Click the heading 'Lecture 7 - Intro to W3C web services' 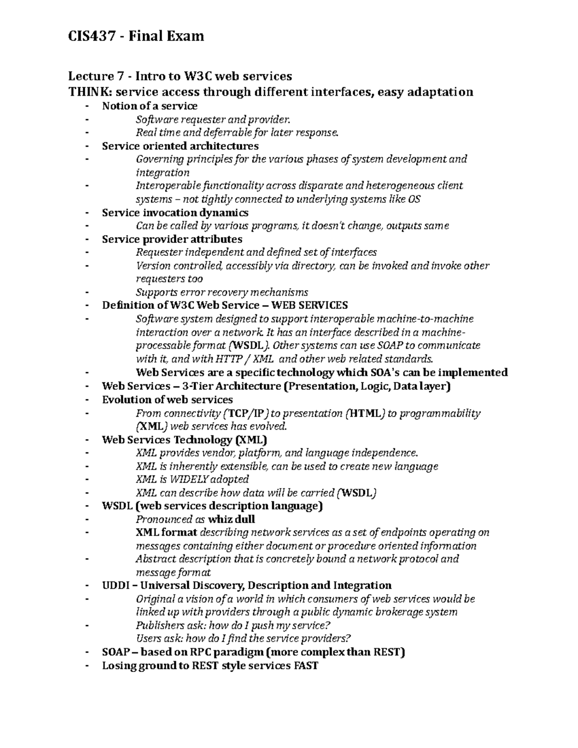pos(180,76)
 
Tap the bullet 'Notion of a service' pos(149,105)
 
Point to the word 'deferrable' pos(224,132)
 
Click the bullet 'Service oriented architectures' pos(180,145)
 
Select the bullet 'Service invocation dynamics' pos(175,212)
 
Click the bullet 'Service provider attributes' pos(172,239)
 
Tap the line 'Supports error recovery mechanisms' pos(222,292)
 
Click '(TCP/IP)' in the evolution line pos(246,413)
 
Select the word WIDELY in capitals pos(190,479)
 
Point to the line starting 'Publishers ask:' pos(233,626)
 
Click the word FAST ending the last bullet pos(305,666)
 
